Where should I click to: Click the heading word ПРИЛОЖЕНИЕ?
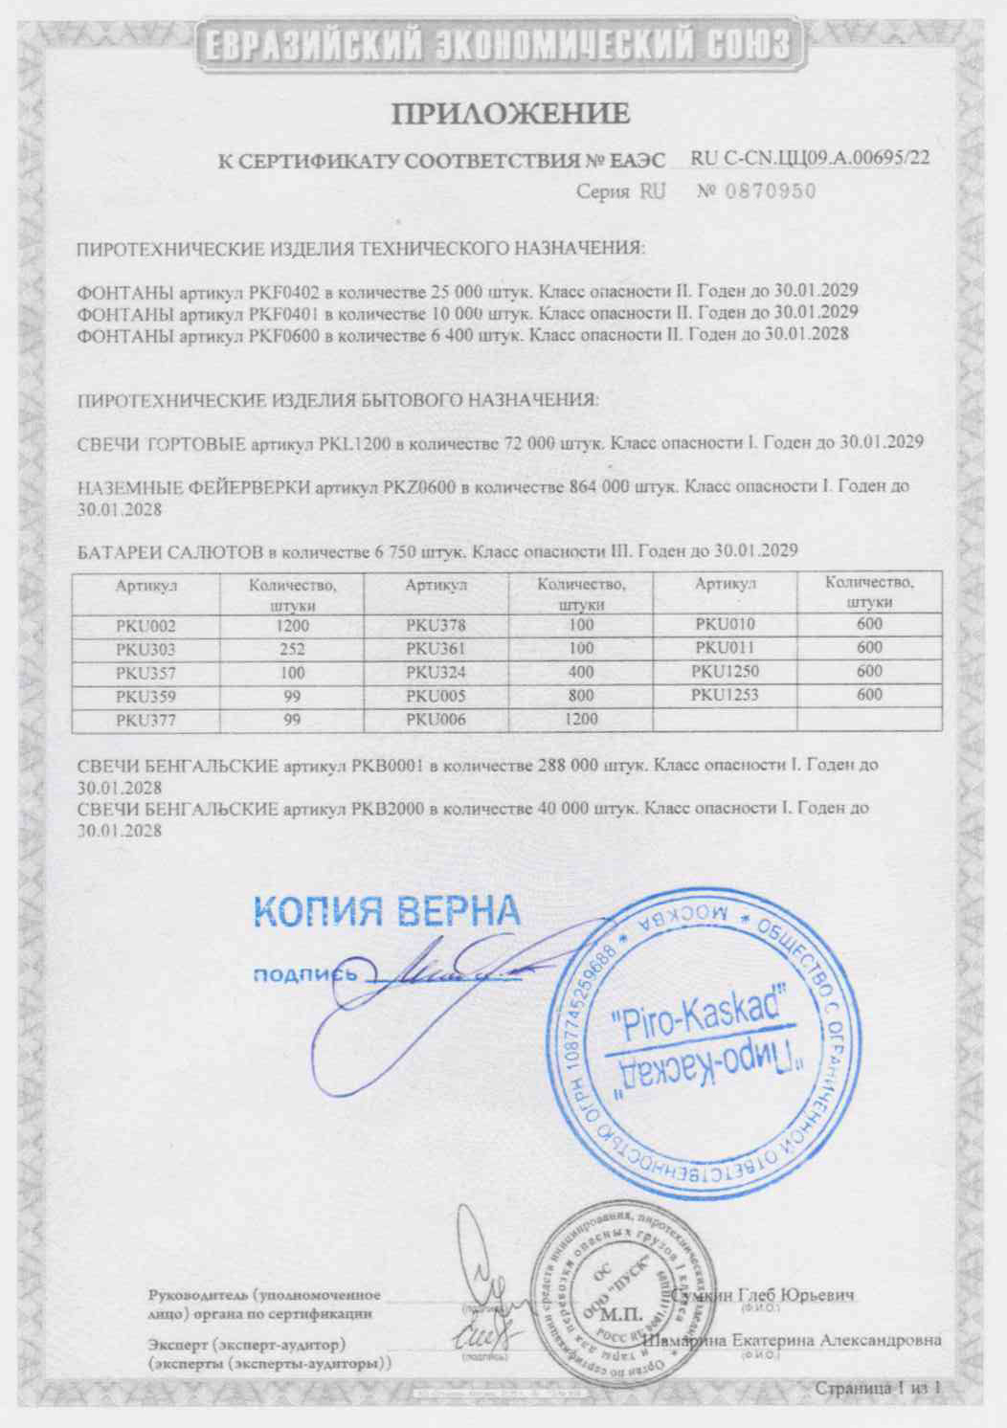510,114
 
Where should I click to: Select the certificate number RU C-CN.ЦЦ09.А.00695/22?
810,158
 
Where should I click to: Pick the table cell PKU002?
145,626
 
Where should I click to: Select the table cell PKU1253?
725,696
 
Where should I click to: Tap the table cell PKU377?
145,719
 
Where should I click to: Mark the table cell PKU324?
436,673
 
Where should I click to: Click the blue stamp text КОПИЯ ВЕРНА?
387,911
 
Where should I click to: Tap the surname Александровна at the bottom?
869,1341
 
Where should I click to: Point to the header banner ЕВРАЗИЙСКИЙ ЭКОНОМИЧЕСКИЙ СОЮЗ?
498,44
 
